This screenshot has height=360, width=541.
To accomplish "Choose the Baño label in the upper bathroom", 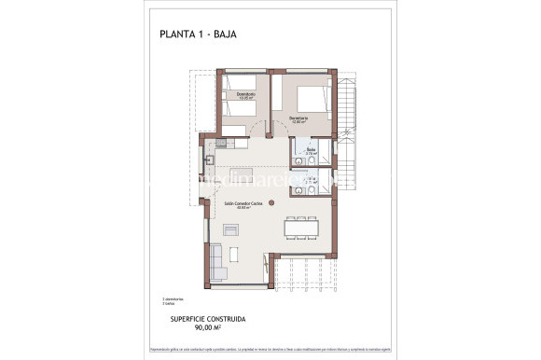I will pyautogui.click(x=312, y=149).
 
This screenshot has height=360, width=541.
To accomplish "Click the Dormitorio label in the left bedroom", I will pyautogui.click(x=245, y=94).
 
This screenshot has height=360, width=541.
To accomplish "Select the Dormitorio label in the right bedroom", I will pyautogui.click(x=298, y=118).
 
